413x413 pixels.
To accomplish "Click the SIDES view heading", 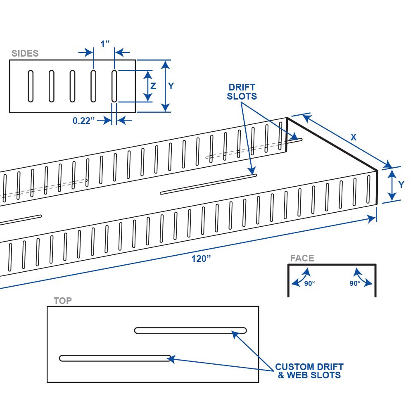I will (x=25, y=53).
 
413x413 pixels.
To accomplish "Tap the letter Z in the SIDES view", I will (x=153, y=86).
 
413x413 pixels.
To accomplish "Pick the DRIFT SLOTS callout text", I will (x=242, y=92).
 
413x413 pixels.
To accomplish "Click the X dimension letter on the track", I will (x=354, y=137).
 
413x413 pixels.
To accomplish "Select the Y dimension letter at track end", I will (x=401, y=185).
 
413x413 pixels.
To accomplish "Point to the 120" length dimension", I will (x=201, y=259).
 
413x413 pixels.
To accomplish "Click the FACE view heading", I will (x=302, y=259).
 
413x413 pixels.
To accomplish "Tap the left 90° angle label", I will (x=310, y=283).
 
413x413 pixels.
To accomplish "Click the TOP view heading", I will (x=63, y=301).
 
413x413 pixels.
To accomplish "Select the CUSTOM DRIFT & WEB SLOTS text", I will (x=309, y=371).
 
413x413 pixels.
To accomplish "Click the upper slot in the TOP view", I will (x=190, y=330).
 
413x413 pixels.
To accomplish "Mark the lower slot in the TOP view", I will (x=115, y=358).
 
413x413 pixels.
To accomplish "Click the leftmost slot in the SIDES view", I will (x=31, y=86).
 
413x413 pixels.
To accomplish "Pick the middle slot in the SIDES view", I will (x=72, y=86).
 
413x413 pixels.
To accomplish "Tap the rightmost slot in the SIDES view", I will (x=114, y=86).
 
